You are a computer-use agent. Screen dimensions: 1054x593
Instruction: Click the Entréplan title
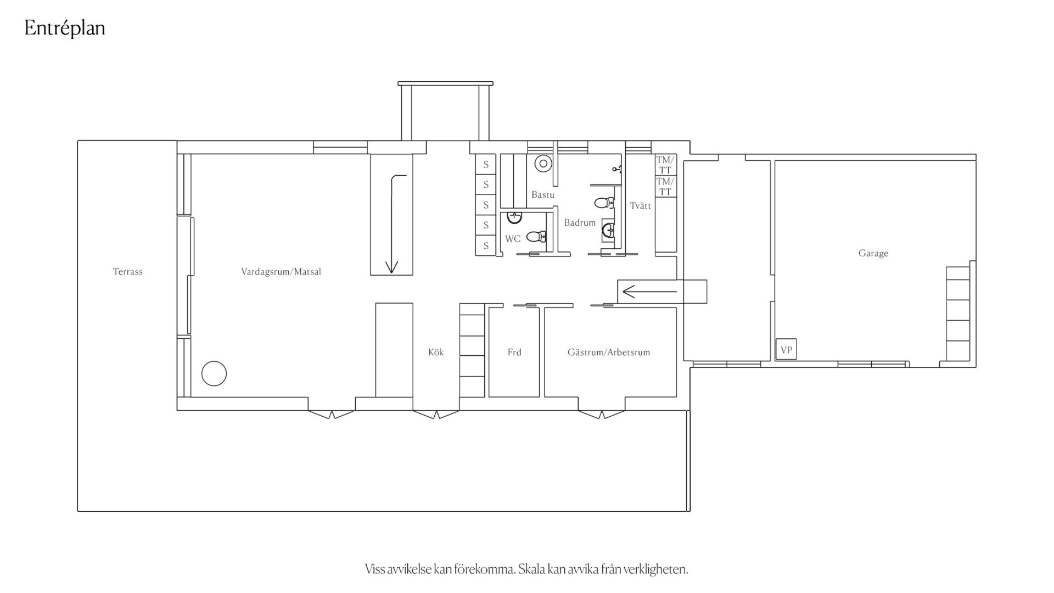point(65,29)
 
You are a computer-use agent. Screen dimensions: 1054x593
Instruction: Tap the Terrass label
point(128,272)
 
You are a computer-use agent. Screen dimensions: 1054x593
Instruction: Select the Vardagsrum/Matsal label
point(281,272)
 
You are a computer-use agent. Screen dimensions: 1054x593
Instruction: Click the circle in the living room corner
point(214,374)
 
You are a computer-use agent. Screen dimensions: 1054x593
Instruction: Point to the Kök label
point(436,353)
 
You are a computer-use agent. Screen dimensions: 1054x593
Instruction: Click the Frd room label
point(514,353)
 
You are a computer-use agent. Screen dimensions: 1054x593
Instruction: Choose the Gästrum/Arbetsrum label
point(609,353)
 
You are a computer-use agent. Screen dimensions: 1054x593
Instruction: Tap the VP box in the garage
point(786,350)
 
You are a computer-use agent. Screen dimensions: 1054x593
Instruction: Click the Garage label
point(873,253)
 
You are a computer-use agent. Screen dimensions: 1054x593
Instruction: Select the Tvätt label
point(641,206)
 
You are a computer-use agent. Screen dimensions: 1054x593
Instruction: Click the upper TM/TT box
point(665,165)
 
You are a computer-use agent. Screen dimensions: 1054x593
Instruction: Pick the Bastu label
point(543,195)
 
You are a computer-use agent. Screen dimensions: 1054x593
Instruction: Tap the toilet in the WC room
point(536,237)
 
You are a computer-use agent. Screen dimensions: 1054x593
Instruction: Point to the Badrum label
point(580,223)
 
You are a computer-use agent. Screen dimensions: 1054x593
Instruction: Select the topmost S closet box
point(486,165)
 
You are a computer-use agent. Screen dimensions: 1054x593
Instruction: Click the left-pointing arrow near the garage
point(650,292)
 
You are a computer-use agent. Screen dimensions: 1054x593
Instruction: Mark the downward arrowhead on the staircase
point(391,267)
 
